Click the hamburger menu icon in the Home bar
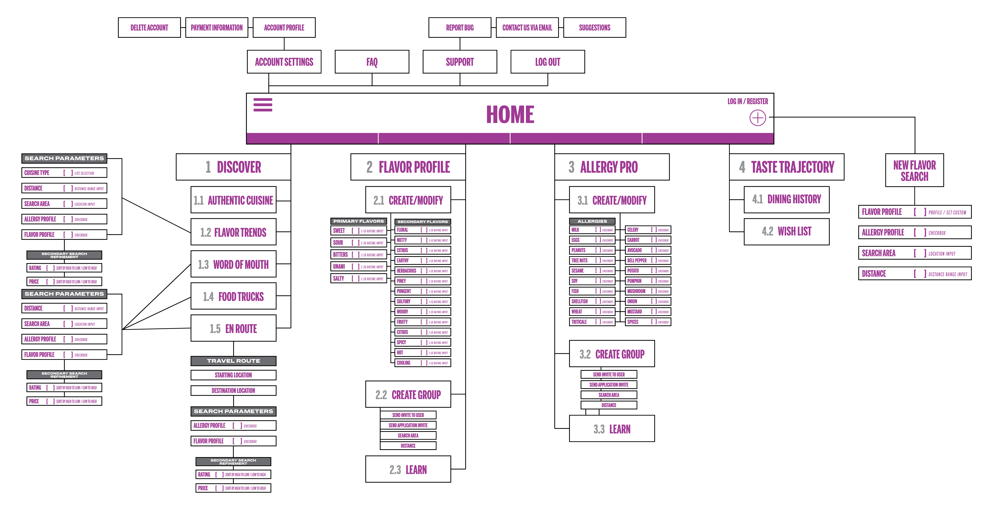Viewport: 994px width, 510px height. point(263,104)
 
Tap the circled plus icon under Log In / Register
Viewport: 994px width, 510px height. point(757,118)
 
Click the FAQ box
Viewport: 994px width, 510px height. point(372,62)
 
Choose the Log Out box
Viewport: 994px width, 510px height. point(548,62)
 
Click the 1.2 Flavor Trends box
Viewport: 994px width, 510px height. point(233,232)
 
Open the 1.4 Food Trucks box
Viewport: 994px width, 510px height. point(233,296)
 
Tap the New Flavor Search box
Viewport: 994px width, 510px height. point(915,170)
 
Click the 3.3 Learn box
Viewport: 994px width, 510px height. point(612,429)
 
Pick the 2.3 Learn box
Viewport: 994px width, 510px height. point(408,469)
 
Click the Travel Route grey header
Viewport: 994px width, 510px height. point(233,361)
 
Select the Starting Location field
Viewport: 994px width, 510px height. point(233,375)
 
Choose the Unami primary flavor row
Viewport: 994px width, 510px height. point(359,266)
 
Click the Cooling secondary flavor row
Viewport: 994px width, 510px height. point(423,363)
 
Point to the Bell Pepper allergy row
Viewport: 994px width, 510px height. point(648,261)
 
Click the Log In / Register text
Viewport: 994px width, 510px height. point(747,101)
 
